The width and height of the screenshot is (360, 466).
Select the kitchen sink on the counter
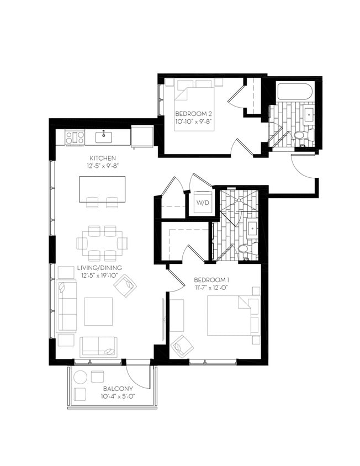pos(103,136)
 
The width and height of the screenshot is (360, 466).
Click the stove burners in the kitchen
pos(74,136)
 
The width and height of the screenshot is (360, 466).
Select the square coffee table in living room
pos(98,311)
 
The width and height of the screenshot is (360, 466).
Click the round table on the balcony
pos(81,378)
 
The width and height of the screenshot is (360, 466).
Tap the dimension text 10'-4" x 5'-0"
pos(117,396)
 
